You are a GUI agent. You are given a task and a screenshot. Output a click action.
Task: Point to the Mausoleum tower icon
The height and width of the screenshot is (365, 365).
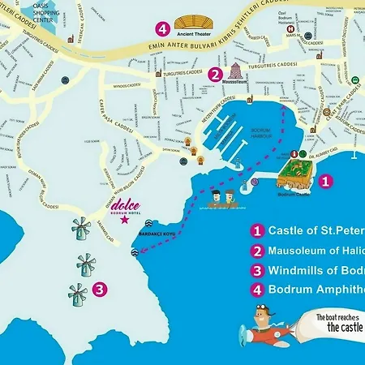(x=237, y=70)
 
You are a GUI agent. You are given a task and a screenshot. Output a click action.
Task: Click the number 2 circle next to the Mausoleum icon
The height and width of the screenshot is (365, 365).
(x=215, y=74)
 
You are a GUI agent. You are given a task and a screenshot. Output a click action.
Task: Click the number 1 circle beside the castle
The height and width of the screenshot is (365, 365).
(x=324, y=182)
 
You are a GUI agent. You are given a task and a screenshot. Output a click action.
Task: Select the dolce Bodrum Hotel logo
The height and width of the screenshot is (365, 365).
(x=124, y=206)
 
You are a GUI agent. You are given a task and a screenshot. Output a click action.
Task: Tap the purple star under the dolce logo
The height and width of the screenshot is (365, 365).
(x=124, y=218)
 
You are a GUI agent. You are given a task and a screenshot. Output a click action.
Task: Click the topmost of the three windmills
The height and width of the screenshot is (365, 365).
(x=81, y=230)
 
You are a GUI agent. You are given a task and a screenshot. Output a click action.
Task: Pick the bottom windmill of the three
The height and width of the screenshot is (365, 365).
(x=78, y=293)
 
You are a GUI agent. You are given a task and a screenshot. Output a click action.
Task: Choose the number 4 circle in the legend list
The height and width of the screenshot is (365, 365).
(x=258, y=289)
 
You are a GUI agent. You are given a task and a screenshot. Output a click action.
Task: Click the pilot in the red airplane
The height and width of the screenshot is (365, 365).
(x=261, y=312)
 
